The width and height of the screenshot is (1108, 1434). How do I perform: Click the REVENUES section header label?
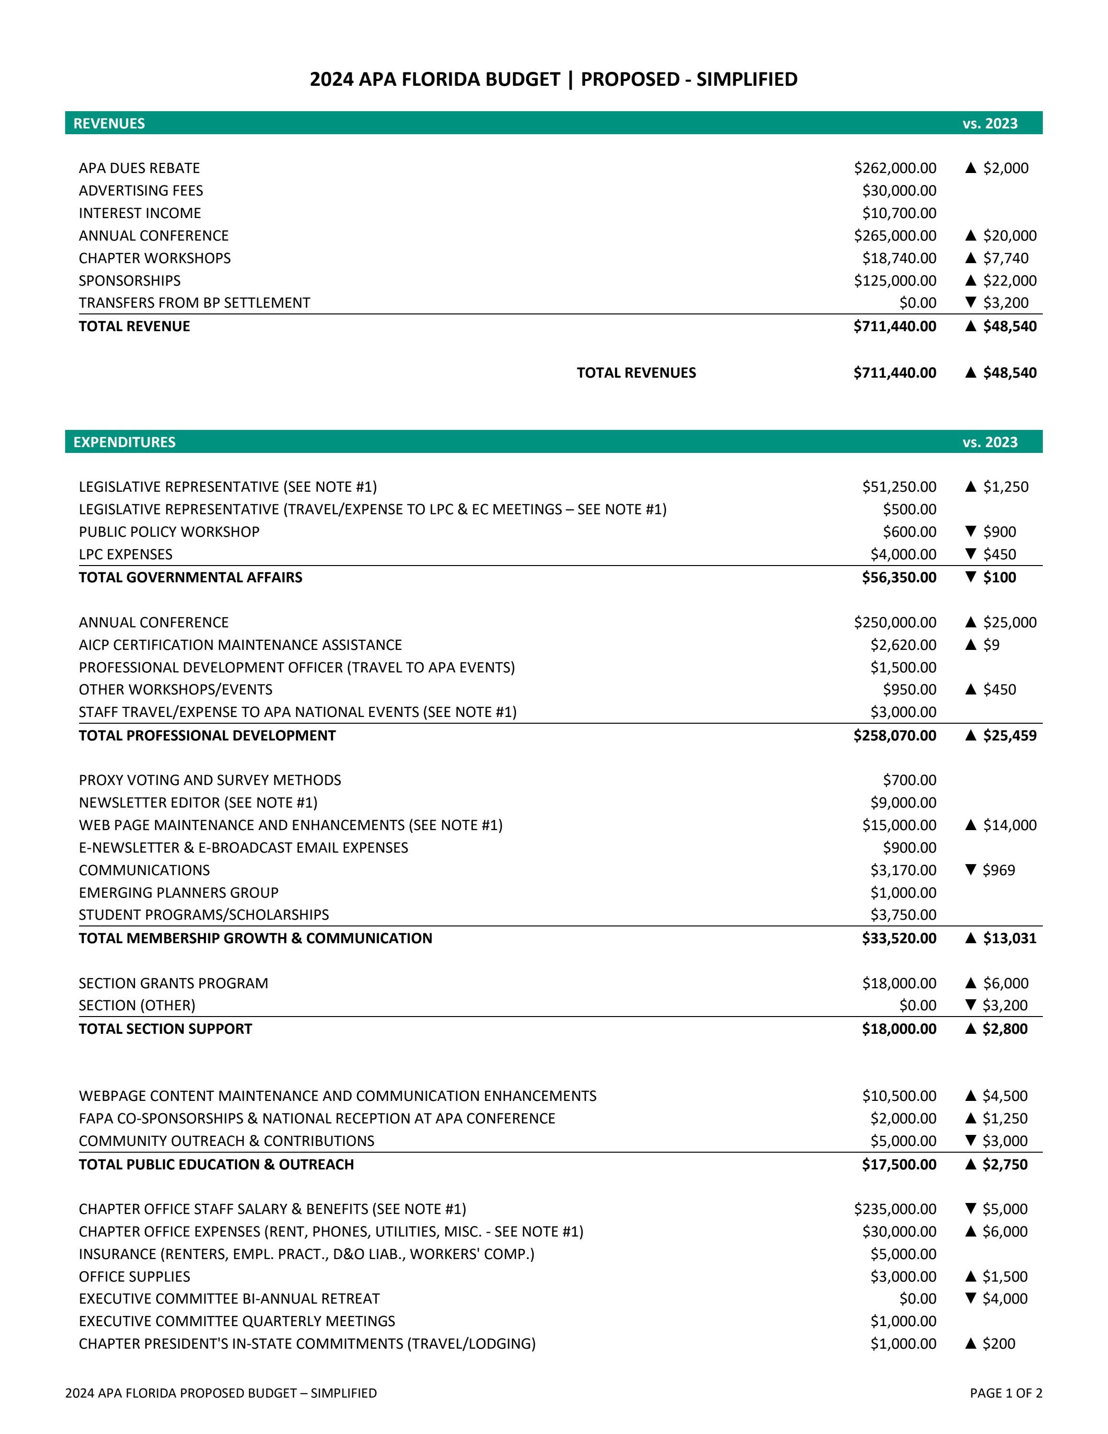[x=109, y=124]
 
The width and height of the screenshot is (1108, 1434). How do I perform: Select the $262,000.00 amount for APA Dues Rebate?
[x=895, y=168]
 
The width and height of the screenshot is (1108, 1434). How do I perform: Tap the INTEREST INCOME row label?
[x=140, y=213]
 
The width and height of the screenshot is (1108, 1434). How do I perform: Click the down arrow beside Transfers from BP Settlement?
[x=971, y=303]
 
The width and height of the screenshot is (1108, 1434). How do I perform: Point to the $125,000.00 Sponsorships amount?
[x=895, y=280]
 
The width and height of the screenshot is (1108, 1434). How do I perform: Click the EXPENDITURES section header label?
[x=124, y=442]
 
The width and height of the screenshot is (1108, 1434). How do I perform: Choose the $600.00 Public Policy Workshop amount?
[x=909, y=532]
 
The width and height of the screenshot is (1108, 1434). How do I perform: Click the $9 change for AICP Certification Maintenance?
[x=991, y=645]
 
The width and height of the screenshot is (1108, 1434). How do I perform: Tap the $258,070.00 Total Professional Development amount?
[x=895, y=735]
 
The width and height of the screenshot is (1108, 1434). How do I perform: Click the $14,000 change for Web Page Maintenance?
[x=1010, y=825]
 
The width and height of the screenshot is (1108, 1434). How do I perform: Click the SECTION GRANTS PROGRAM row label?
[x=173, y=983]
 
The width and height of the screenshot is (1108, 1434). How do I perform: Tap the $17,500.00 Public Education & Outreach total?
[x=899, y=1164]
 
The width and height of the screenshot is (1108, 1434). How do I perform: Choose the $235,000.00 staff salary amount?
[x=895, y=1209]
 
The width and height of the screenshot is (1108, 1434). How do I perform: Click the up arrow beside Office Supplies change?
[x=971, y=1276]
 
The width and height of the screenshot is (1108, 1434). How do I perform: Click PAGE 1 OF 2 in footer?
[x=1005, y=1393]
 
